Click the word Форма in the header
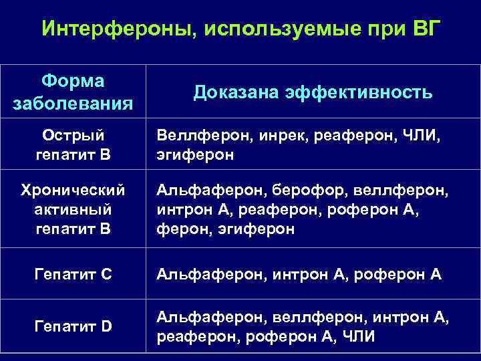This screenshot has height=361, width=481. pos(73,81)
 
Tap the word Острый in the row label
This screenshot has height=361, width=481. pos(73,136)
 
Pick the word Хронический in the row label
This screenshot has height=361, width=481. pos(73,191)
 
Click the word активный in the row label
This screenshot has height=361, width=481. pos(73,210)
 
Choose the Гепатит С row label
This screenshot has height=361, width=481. pos(73,274)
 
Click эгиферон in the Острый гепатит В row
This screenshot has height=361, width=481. pos(196,156)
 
